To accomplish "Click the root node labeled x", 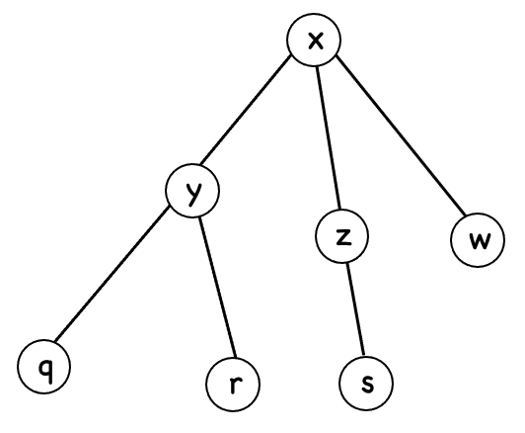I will pos(314,42).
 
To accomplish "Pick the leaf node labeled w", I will pos(480,240).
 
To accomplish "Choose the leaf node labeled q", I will pos(43,368).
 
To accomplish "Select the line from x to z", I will pos(329,138).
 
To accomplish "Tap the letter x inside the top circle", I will pos(314,42).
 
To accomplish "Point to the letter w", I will pos(480,241).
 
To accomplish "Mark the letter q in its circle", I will pos(43,369).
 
